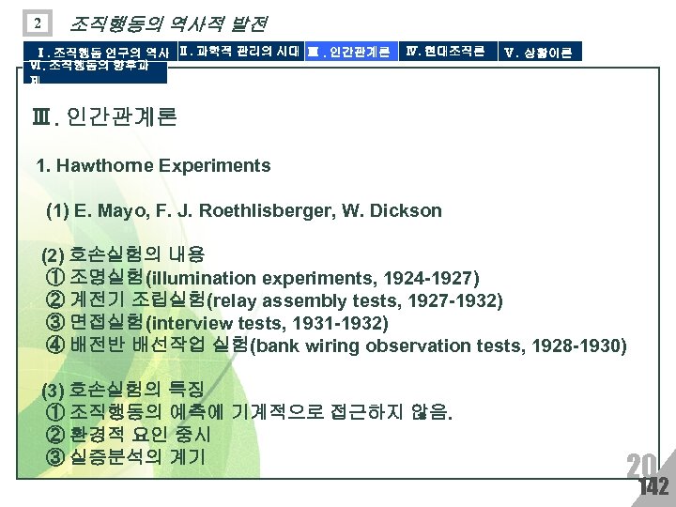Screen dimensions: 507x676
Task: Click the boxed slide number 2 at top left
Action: pos(35,23)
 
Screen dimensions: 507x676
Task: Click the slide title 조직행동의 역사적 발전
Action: pos(169,22)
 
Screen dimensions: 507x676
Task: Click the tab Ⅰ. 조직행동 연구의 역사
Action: pos(101,52)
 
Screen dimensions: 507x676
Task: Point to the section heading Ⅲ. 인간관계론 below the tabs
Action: pos(104,118)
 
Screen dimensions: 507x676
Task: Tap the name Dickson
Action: pos(404,211)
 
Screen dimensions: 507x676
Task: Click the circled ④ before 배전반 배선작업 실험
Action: pos(54,346)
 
